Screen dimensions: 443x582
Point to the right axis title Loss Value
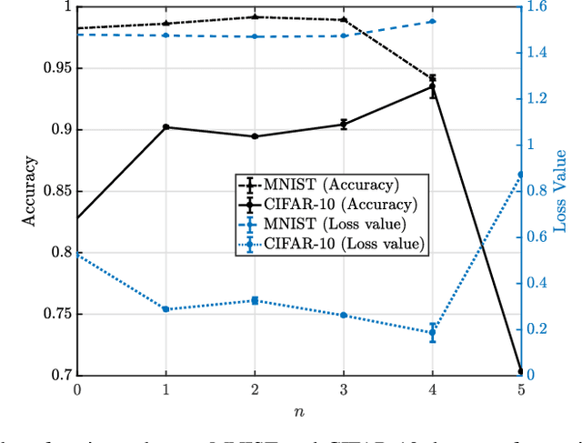click(x=561, y=191)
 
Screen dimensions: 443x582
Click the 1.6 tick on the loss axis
click(x=538, y=7)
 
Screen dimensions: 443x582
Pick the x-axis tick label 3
click(x=343, y=390)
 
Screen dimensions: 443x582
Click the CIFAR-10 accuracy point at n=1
click(x=166, y=127)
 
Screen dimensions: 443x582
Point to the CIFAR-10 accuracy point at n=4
click(x=432, y=89)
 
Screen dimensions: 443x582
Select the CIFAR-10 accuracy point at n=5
click(x=520, y=371)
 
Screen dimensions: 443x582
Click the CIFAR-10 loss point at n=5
click(x=520, y=175)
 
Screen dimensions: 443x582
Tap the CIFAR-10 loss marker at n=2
click(x=255, y=300)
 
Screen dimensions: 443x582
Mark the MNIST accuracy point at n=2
click(x=255, y=16)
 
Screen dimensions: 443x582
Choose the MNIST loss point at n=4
click(x=432, y=21)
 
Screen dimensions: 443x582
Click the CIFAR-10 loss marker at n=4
click(x=432, y=332)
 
